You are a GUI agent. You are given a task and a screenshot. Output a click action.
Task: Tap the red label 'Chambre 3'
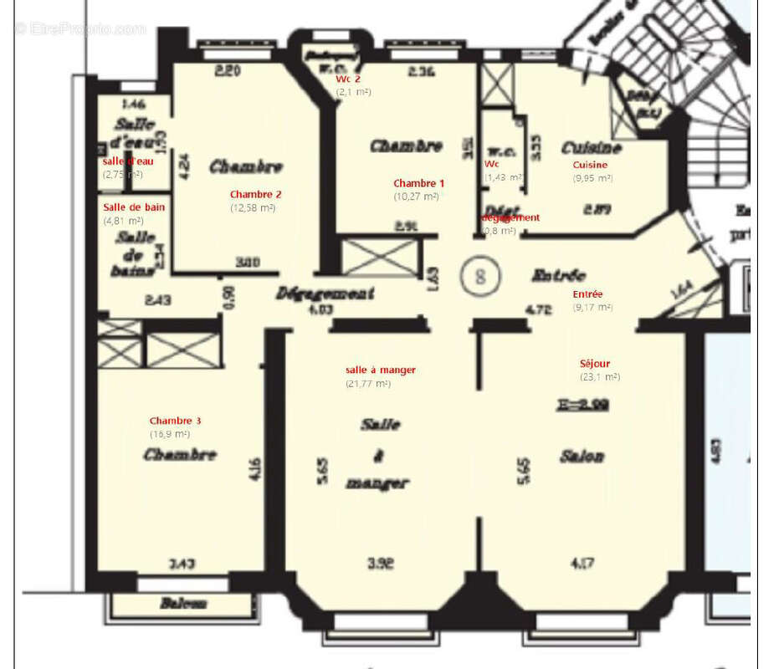[x=175, y=421]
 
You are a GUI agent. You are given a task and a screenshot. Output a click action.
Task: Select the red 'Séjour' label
[x=595, y=364]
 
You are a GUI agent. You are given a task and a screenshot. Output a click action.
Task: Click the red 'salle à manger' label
[x=380, y=370]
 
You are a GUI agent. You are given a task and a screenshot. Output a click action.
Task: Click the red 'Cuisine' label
[x=590, y=165]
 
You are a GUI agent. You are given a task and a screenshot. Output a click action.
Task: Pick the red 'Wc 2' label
[x=348, y=79]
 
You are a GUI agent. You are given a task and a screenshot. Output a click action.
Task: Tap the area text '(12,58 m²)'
[x=253, y=207]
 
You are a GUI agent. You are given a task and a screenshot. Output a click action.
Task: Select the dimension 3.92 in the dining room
[x=380, y=564]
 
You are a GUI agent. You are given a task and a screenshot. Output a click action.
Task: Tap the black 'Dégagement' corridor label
[x=325, y=294]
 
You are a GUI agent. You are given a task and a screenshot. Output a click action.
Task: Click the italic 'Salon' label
[x=582, y=457]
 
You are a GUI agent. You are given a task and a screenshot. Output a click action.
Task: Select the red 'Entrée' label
[x=587, y=294]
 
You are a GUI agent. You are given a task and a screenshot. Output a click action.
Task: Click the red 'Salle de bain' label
[x=130, y=207]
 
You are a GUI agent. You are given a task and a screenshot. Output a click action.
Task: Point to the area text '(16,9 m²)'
[x=169, y=434]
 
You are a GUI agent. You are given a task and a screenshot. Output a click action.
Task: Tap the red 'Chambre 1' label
[x=419, y=183]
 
